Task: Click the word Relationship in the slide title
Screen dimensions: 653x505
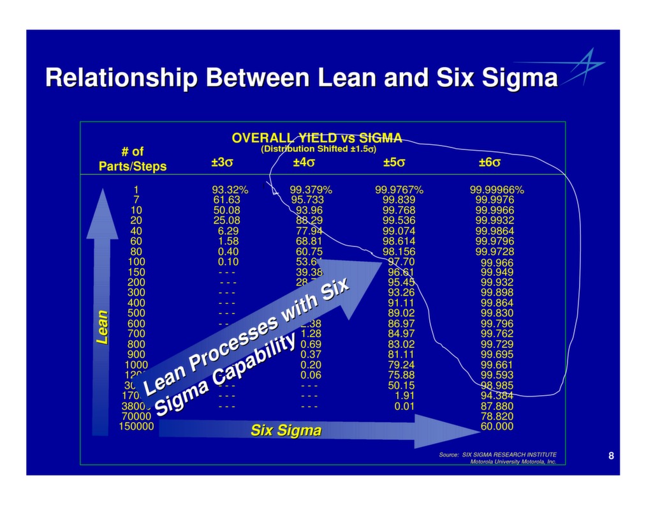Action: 121,79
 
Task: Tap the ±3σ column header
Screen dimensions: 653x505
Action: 222,163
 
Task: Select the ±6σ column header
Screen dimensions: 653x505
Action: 489,163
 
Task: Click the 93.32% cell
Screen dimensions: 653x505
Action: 230,190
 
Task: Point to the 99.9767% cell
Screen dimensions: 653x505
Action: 399,190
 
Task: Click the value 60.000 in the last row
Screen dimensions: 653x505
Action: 497,426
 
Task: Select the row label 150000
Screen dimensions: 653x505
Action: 136,426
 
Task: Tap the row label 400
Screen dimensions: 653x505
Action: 136,303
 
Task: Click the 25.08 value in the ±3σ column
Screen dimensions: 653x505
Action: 226,220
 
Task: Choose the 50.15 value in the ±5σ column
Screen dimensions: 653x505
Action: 401,386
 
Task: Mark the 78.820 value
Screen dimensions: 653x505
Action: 497,416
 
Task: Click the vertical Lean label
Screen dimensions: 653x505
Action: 102,327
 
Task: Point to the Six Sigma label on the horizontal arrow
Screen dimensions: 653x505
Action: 286,430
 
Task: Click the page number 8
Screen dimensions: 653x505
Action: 611,456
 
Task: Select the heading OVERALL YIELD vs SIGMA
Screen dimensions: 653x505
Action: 317,138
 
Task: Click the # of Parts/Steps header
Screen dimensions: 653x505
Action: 132,159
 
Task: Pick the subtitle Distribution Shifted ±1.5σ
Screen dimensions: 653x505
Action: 318,149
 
